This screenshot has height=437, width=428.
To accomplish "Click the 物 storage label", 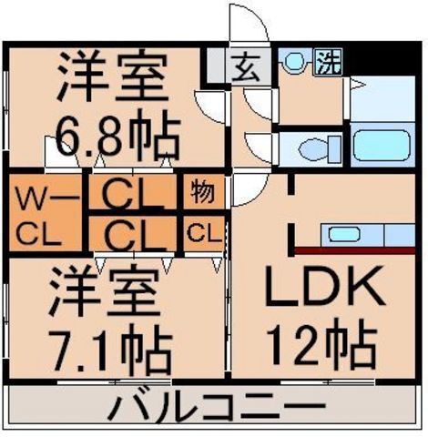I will pos(202,193).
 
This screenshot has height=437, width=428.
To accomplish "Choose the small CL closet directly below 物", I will pos(202,233).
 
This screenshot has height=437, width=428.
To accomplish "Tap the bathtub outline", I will pos(383,147).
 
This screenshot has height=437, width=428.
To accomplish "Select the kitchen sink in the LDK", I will pos(345,235).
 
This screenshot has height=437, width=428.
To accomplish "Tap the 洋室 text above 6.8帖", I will pos(113,78).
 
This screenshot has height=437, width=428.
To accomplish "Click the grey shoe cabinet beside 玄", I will pos(218,66).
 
